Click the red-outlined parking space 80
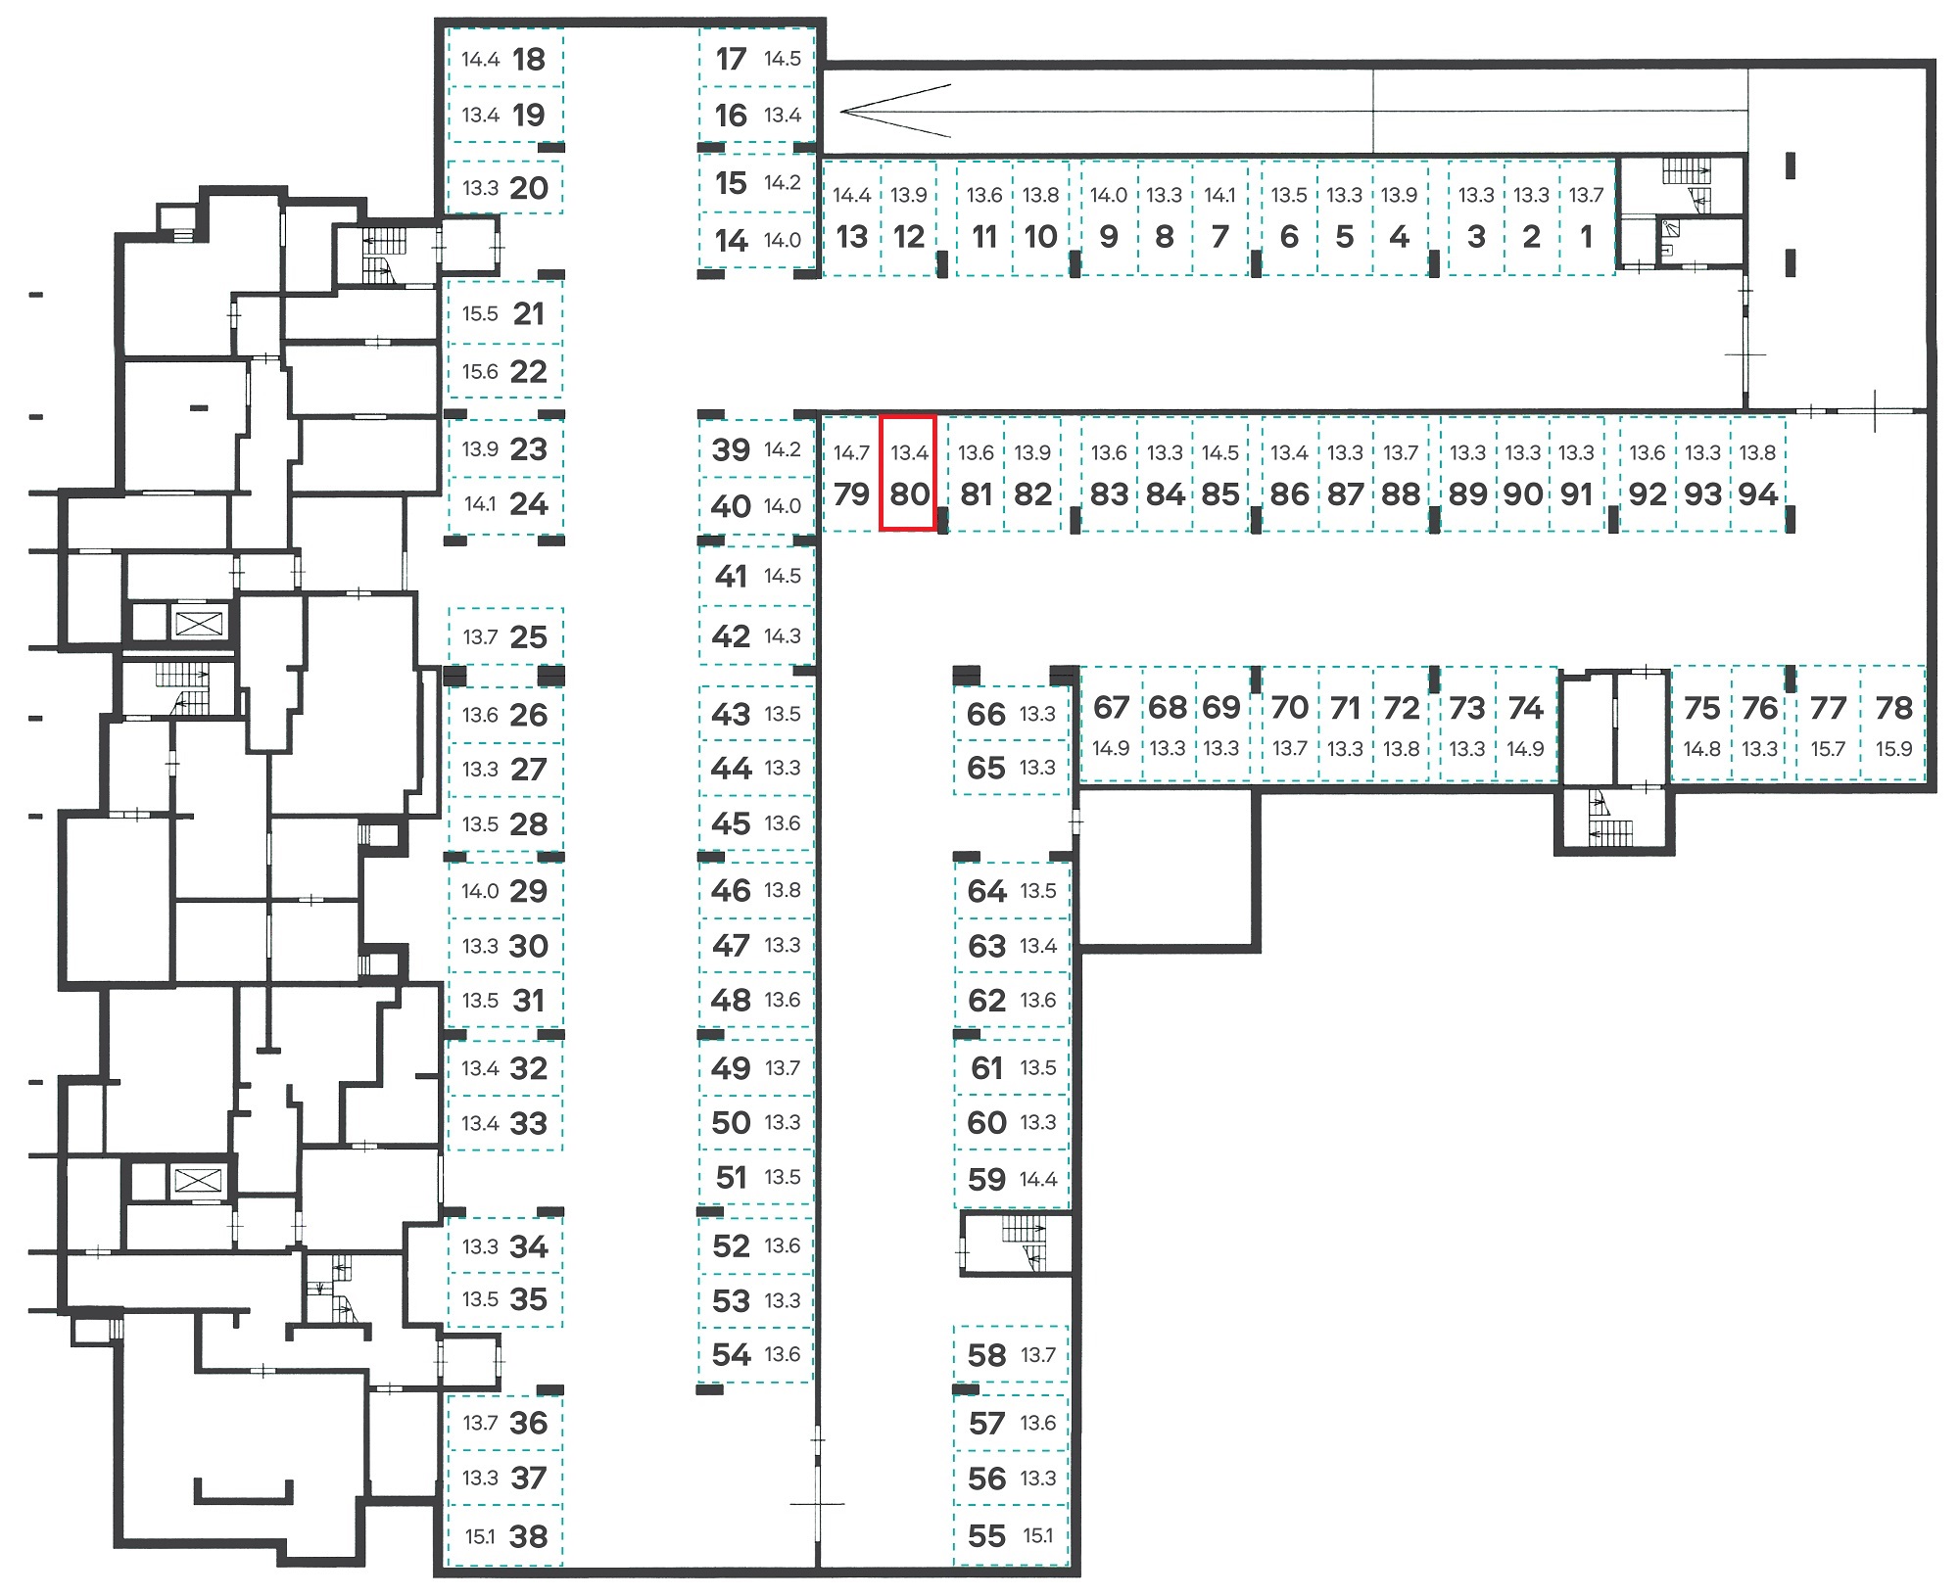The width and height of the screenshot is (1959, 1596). pos(908,473)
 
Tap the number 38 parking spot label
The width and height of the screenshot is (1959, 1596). pos(529,1536)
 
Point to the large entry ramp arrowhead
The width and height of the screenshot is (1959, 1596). pos(895,111)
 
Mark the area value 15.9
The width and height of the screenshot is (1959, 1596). pos(1893,749)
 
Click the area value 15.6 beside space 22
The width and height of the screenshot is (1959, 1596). pos(480,372)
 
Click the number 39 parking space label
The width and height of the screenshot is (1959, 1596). pos(731,449)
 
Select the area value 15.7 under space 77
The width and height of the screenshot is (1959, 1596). pos(1828,749)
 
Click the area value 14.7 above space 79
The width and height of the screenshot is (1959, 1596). pos(851,453)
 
